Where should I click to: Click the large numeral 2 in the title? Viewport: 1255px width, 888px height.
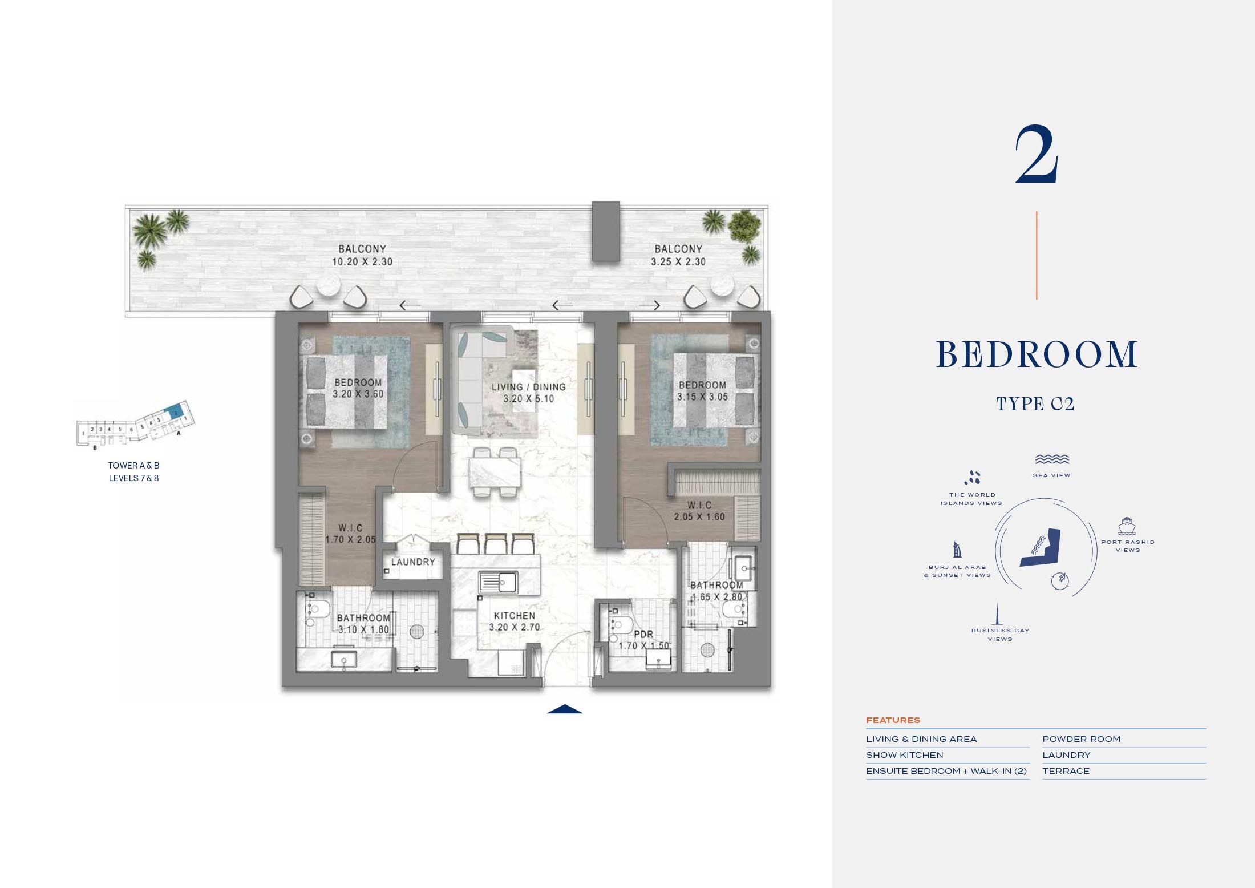pyautogui.click(x=1037, y=156)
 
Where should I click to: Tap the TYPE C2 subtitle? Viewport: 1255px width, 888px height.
pyautogui.click(x=1035, y=404)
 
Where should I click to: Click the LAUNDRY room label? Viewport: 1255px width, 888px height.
pyautogui.click(x=413, y=562)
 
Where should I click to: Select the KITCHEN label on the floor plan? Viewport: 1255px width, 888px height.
pyautogui.click(x=514, y=616)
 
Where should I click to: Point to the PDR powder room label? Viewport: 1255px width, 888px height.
pyautogui.click(x=643, y=634)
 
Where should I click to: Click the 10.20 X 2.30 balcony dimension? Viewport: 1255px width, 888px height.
pyautogui.click(x=362, y=262)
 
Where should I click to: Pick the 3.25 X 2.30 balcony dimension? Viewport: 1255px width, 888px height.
pyautogui.click(x=678, y=262)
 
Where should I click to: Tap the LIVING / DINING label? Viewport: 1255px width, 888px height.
pyautogui.click(x=529, y=386)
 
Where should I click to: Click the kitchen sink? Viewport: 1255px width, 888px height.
pyautogui.click(x=498, y=582)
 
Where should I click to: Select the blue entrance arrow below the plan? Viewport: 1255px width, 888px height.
pyautogui.click(x=565, y=709)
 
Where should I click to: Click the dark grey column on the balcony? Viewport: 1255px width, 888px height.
pyautogui.click(x=605, y=231)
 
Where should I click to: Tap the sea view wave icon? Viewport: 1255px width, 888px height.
pyautogui.click(x=1051, y=459)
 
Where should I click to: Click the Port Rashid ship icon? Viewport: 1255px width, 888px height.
pyautogui.click(x=1127, y=526)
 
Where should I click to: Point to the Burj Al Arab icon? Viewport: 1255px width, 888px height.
pyautogui.click(x=957, y=550)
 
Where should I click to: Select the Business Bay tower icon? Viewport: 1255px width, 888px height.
pyautogui.click(x=998, y=614)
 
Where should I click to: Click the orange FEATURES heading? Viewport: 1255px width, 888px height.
pyautogui.click(x=893, y=720)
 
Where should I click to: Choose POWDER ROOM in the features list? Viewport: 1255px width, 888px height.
pyautogui.click(x=1081, y=739)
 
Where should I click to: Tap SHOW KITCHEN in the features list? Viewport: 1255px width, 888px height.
pyautogui.click(x=904, y=755)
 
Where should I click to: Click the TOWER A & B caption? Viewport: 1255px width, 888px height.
pyautogui.click(x=133, y=466)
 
